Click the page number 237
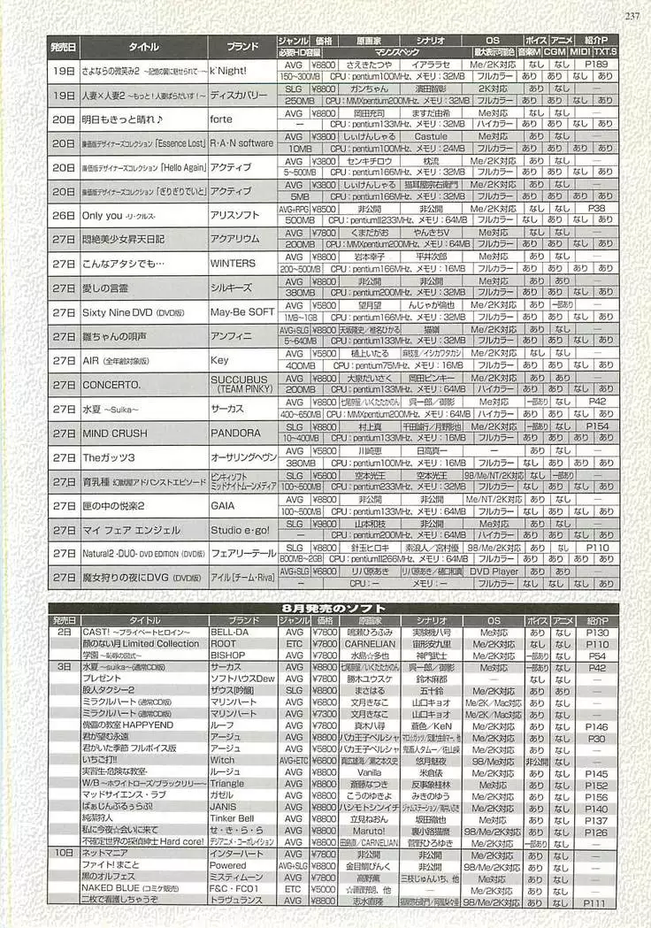click(x=632, y=15)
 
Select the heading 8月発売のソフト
click(x=333, y=609)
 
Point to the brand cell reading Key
click(x=219, y=361)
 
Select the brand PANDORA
click(x=234, y=433)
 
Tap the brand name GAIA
click(x=223, y=506)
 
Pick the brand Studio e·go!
click(x=239, y=530)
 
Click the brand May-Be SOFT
click(x=241, y=312)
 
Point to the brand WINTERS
click(x=233, y=263)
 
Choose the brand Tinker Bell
click(x=232, y=818)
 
